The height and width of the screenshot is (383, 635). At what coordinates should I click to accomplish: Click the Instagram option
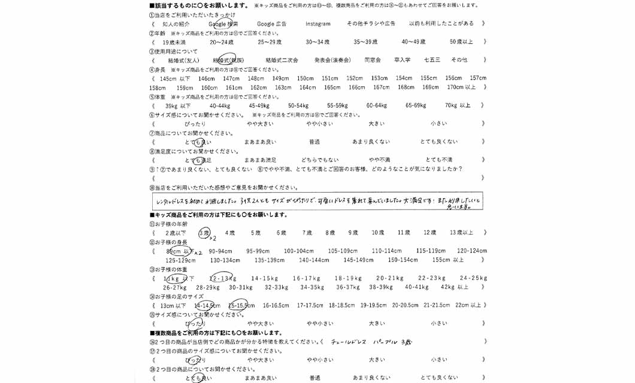tap(317, 24)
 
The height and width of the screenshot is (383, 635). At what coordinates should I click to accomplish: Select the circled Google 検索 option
tap(223, 24)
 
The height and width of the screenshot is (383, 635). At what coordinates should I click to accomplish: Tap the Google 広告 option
tap(271, 24)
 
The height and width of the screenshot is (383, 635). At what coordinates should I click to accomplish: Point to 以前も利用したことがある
tap(441, 24)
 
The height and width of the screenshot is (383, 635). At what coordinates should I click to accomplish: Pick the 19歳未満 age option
tap(174, 42)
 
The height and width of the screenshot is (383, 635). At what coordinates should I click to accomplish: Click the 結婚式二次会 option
tap(281, 60)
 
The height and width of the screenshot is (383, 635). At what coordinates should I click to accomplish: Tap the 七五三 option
tap(432, 60)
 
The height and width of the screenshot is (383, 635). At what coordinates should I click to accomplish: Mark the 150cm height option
tap(305, 78)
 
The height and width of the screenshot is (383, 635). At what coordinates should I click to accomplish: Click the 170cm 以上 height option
tap(465, 87)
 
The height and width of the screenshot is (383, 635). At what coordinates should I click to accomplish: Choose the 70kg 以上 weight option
tap(458, 106)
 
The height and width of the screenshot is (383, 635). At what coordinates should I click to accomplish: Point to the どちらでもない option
tap(319, 160)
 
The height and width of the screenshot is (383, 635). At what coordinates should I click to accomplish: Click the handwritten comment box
tap(317, 202)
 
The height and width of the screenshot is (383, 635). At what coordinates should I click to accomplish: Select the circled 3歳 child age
tap(204, 233)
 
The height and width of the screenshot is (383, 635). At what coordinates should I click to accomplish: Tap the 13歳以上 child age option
tap(461, 233)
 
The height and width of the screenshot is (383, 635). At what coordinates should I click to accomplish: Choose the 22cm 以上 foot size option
tap(468, 305)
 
